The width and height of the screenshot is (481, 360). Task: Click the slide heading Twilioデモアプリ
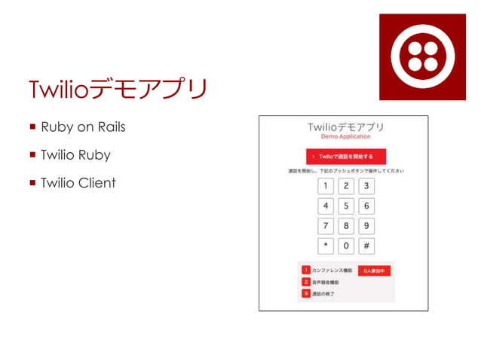point(117,88)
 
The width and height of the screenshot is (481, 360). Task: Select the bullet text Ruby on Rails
point(83,127)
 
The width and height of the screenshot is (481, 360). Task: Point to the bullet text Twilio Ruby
point(75,155)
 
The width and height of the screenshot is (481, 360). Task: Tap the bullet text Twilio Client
point(78,182)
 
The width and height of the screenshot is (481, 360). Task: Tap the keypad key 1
point(326,187)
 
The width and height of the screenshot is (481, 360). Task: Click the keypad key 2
point(346,187)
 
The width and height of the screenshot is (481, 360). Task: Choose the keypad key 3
point(366,187)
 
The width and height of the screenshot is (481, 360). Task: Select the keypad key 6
point(366,206)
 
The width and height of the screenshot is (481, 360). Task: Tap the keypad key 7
point(326,226)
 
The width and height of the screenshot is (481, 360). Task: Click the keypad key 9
point(366,226)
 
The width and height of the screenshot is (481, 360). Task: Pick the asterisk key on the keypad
point(326,246)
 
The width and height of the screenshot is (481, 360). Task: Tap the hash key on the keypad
point(366,246)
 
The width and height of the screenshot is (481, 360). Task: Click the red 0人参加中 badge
point(375,270)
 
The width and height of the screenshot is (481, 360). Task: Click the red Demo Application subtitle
point(346,136)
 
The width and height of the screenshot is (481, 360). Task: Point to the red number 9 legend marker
point(306,294)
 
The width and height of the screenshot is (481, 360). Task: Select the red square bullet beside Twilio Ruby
point(33,155)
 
